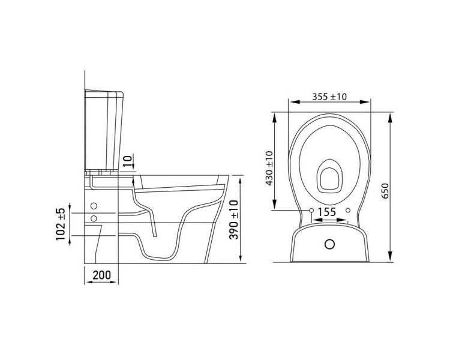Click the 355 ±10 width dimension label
(x=329, y=97)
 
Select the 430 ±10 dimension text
(x=269, y=168)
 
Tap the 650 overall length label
(x=385, y=190)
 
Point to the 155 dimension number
(x=326, y=212)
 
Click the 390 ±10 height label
(x=234, y=220)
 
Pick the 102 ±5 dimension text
(x=61, y=224)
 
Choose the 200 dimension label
(x=101, y=275)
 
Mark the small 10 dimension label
(x=128, y=161)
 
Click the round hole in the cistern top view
(x=330, y=244)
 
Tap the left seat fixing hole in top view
(x=311, y=211)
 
